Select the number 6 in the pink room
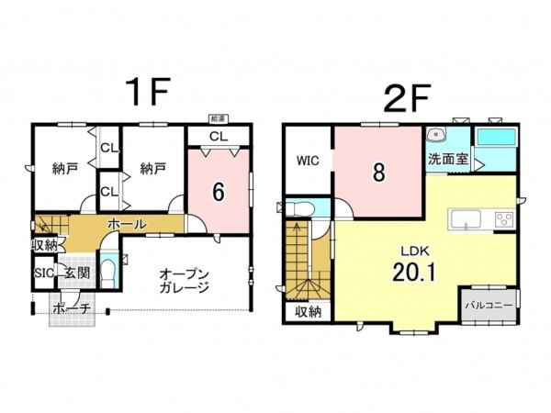click(x=219, y=191)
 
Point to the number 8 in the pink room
click(x=377, y=173)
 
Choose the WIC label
click(x=307, y=161)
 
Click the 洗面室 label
click(x=447, y=159)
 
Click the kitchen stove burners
click(x=504, y=218)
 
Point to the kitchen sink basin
click(x=465, y=218)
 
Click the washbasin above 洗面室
click(x=436, y=135)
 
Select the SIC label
click(x=44, y=273)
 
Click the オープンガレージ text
click(x=184, y=281)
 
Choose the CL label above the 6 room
click(x=218, y=137)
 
